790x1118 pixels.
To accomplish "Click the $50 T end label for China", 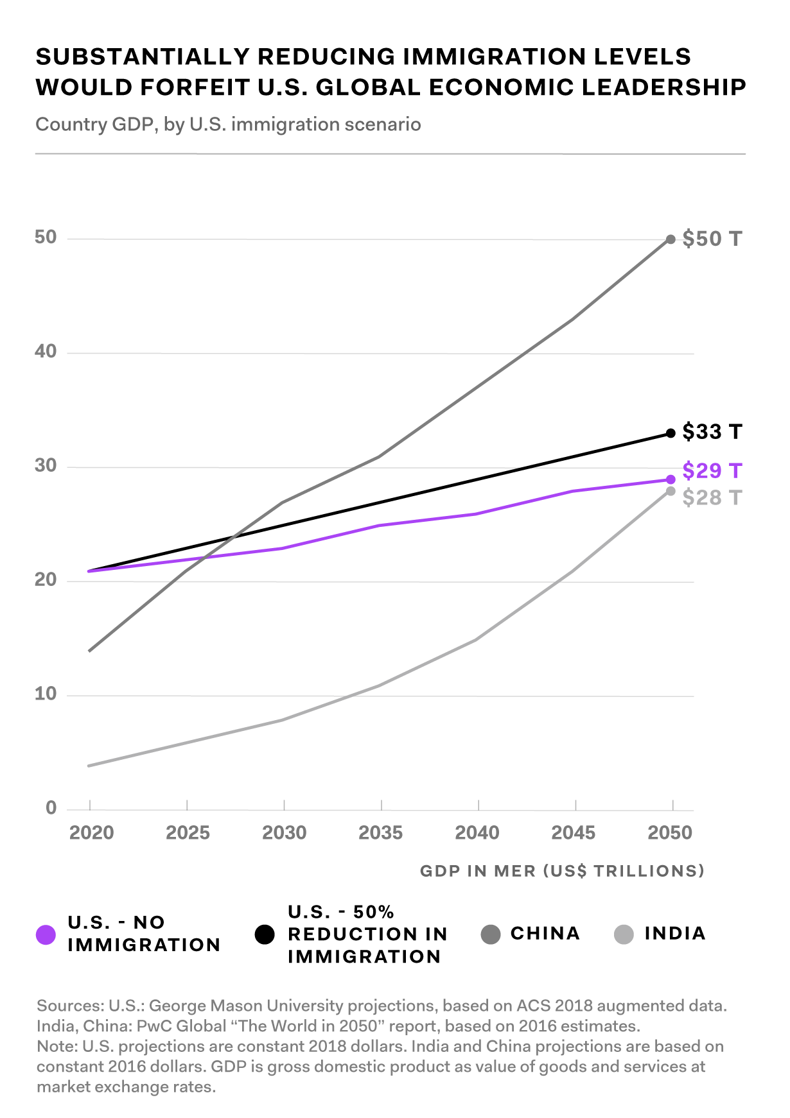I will (712, 239).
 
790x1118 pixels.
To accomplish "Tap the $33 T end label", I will (712, 432).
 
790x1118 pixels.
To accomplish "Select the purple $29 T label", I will (712, 471).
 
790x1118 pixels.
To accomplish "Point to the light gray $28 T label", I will (712, 498).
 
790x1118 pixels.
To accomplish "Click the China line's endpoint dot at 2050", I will (671, 239).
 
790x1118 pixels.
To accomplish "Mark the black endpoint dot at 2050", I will (671, 433).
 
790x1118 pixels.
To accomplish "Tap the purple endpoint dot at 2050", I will (671, 479).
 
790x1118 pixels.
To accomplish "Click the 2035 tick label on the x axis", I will (381, 833).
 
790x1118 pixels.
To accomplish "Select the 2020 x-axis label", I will (91, 833).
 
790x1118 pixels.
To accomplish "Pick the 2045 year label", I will (574, 833).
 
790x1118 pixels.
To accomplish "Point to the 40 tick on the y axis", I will (46, 352).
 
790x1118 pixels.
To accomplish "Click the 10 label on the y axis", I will (46, 694).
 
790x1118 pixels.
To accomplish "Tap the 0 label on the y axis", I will (51, 808).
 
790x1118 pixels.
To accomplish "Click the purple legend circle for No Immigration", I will (46, 934).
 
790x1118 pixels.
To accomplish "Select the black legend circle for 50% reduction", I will (265, 934).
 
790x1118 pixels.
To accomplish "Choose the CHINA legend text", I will (545, 933).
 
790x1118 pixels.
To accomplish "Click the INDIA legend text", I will (675, 933).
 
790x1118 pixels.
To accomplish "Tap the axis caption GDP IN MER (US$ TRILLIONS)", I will (562, 871).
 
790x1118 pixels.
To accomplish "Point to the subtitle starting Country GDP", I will (228, 124).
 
